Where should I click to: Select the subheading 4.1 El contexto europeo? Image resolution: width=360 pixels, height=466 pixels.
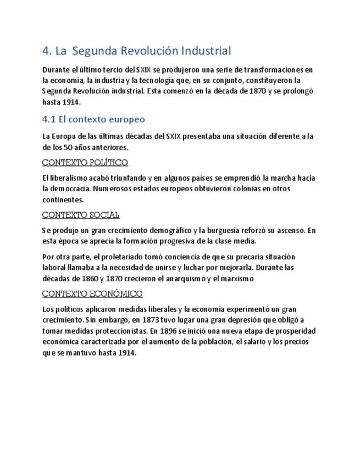[x=93, y=119]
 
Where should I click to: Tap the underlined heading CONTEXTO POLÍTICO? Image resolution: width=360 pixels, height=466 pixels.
[x=85, y=162]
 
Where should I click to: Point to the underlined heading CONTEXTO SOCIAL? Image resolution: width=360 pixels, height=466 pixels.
[x=80, y=215]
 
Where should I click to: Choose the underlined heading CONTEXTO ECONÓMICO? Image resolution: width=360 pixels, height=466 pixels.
[x=92, y=293]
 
